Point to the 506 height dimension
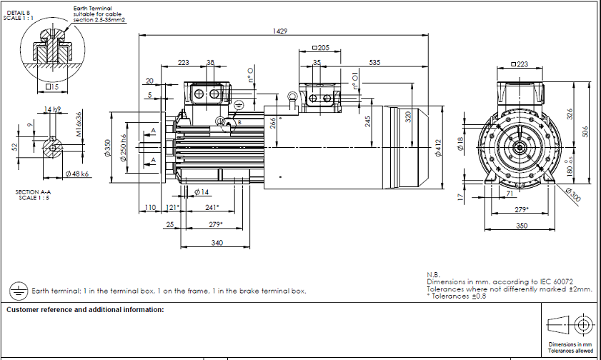pos(585,131)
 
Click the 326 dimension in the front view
pos(570,114)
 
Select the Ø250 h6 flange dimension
pos(123,148)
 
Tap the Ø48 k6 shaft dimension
pos(76,174)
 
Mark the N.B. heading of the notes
pos(432,275)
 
